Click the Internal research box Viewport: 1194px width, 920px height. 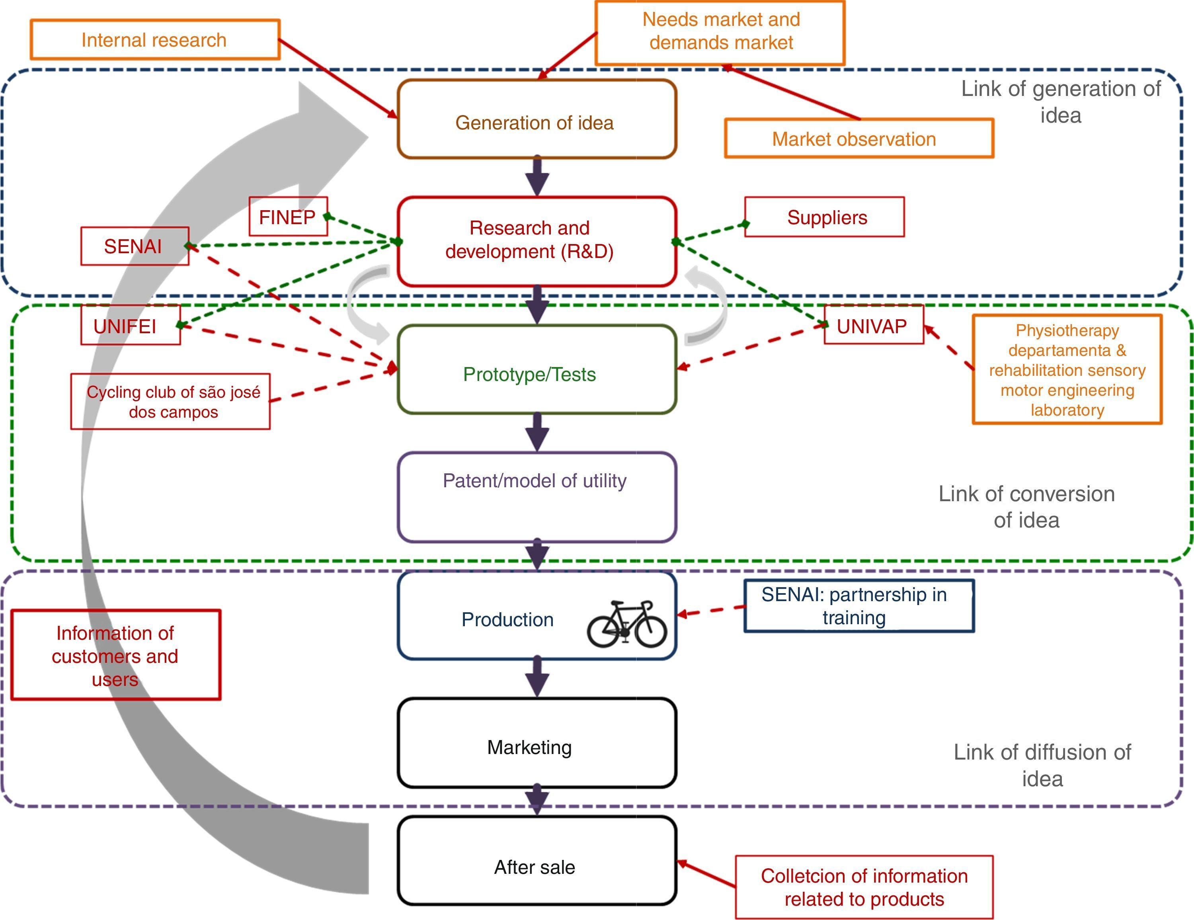pyautogui.click(x=155, y=40)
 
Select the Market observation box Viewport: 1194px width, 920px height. pyautogui.click(x=858, y=139)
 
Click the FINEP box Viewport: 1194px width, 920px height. pyautogui.click(x=288, y=217)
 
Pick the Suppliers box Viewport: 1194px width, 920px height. pyautogui.click(x=824, y=217)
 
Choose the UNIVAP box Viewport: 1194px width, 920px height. pyautogui.click(x=873, y=326)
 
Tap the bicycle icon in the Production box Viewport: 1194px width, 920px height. pyautogui.click(x=627, y=624)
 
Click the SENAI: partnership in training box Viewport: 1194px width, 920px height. pyautogui.click(x=858, y=606)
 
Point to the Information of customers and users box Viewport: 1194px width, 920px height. pyautogui.click(x=116, y=655)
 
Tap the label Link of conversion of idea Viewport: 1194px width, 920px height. pyautogui.click(x=1026, y=506)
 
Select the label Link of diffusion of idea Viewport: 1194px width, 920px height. pyautogui.click(x=1042, y=765)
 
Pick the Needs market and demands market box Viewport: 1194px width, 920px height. pyautogui.click(x=720, y=32)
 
